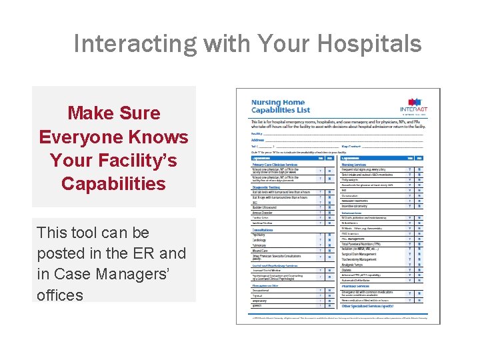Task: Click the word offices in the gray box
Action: pos(60,295)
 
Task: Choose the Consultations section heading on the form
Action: pos(267,230)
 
